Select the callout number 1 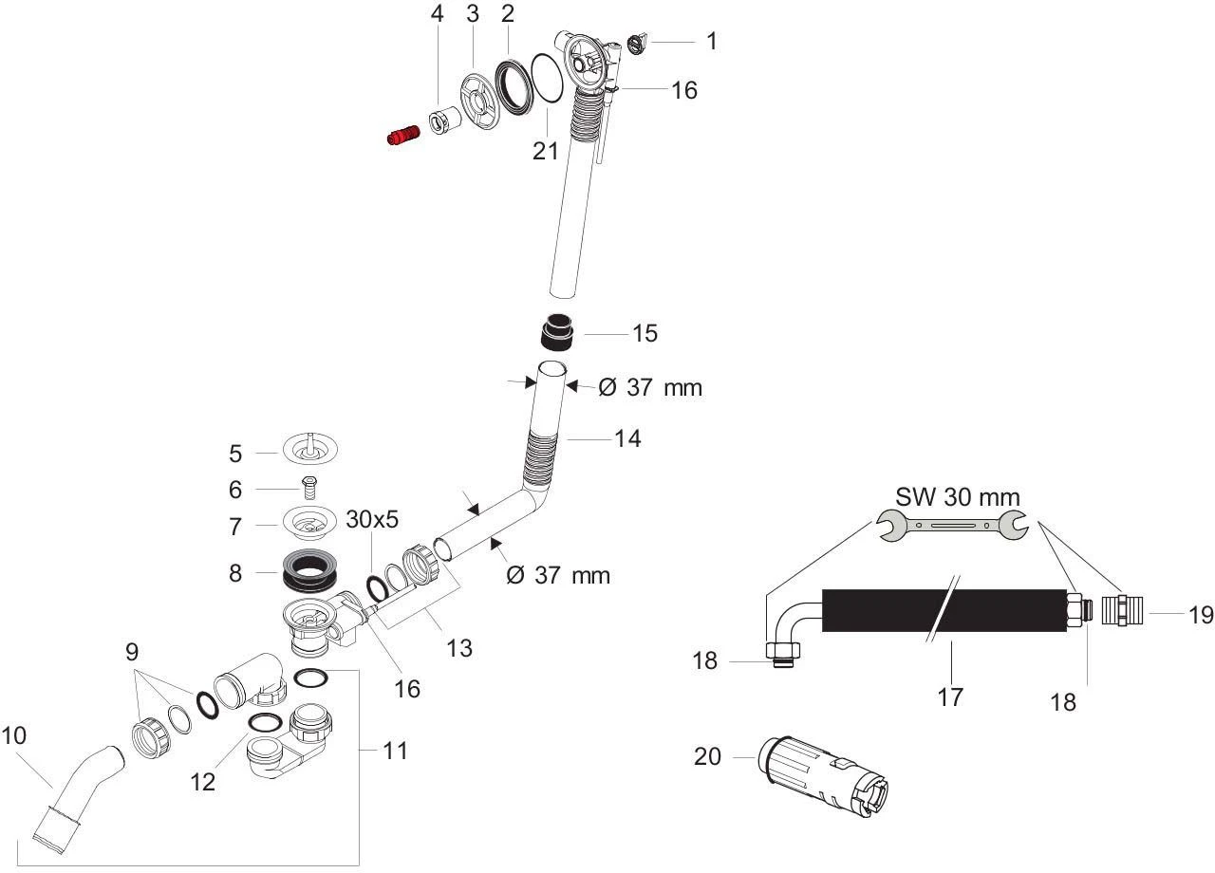point(711,41)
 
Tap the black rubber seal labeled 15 point(556,333)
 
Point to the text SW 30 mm point(958,496)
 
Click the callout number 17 point(949,697)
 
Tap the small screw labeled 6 point(308,488)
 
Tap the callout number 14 point(626,438)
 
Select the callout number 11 point(395,751)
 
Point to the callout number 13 point(459,648)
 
